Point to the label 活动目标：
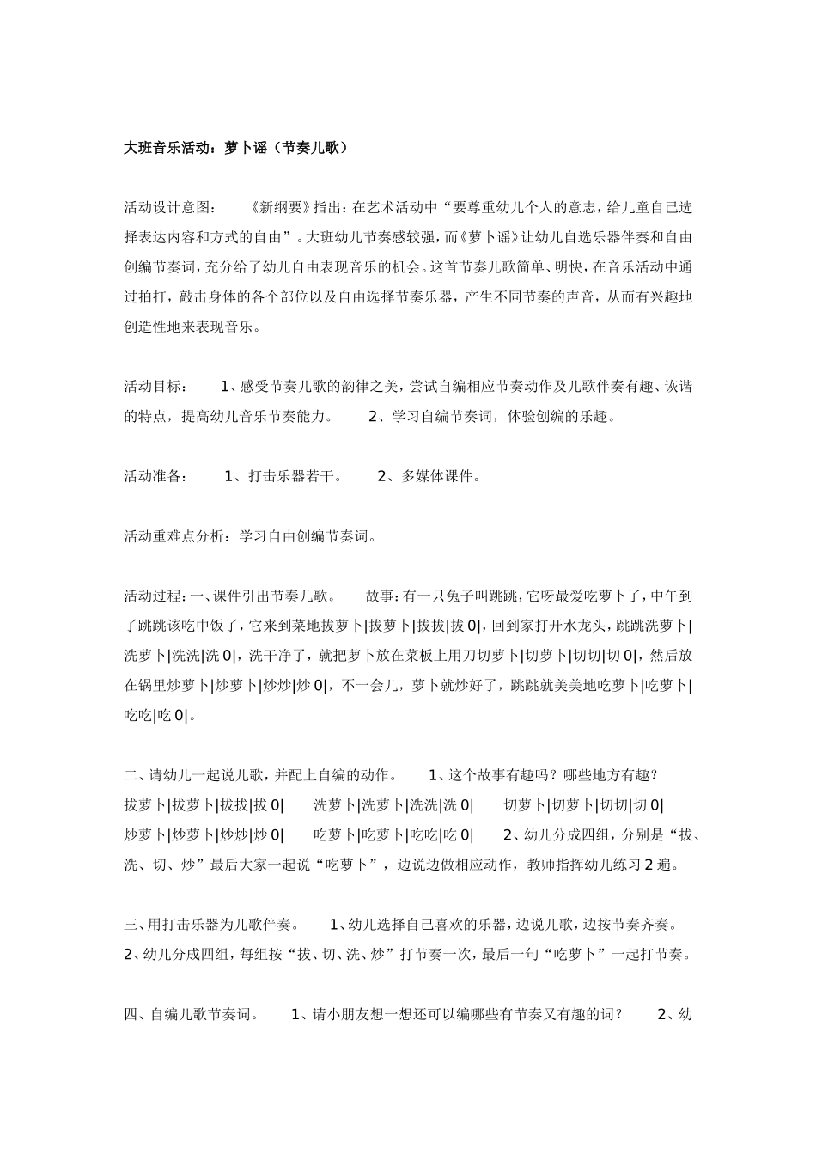pyautogui.click(x=155, y=387)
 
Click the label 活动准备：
pyautogui.click(x=155, y=476)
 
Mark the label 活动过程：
pyautogui.click(x=155, y=596)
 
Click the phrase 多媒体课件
pyautogui.click(x=437, y=476)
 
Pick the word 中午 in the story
pyautogui.click(x=666, y=596)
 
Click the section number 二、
pyautogui.click(x=137, y=775)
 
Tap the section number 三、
pyautogui.click(x=137, y=925)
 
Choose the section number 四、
pyautogui.click(x=137, y=1015)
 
